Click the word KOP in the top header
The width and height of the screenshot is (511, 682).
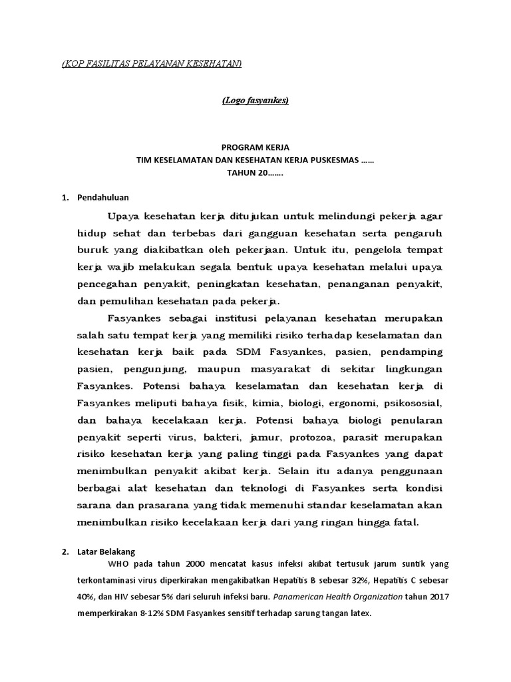[x=74, y=63]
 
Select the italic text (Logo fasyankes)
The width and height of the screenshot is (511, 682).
[x=255, y=101]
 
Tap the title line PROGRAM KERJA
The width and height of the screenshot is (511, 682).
[x=255, y=148]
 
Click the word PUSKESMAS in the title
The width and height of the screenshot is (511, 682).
[x=332, y=161]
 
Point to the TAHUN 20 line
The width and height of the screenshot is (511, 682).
[x=255, y=173]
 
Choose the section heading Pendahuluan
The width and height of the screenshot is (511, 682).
[x=103, y=198]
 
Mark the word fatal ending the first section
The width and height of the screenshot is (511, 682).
[x=405, y=522]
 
